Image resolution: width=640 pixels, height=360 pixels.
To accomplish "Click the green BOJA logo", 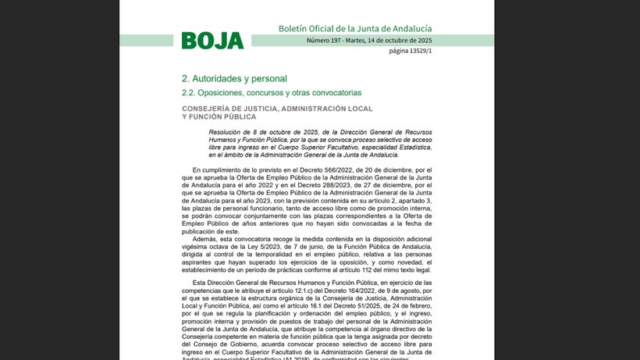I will pos(212,41).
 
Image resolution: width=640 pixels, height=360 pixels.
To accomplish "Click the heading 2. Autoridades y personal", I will pos(234,78).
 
